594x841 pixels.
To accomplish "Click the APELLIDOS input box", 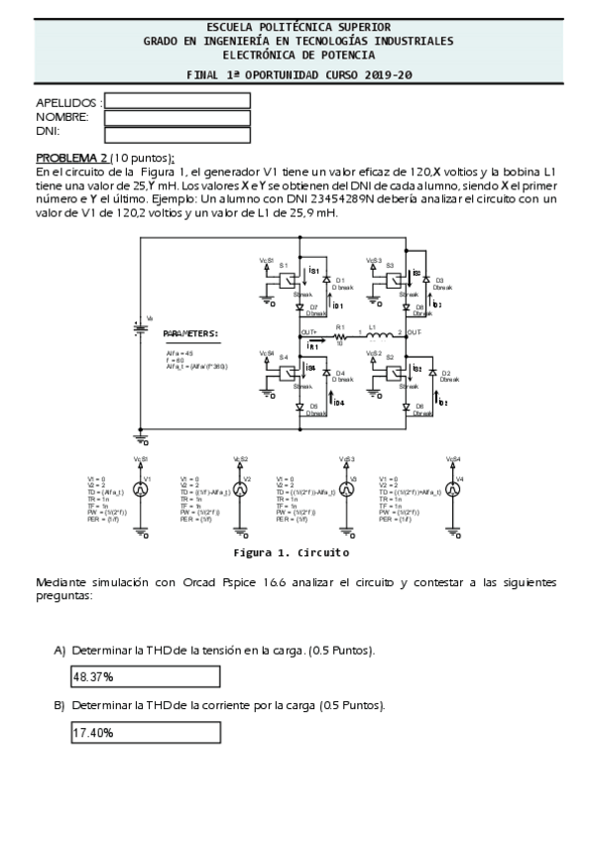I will [x=177, y=101].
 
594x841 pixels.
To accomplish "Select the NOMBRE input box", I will [x=177, y=118].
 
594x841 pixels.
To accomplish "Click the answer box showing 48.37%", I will [x=145, y=676].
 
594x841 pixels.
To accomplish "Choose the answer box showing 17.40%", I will [x=145, y=733].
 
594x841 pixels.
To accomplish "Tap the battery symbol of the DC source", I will [x=141, y=329].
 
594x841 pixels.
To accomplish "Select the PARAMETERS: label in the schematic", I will [x=190, y=334].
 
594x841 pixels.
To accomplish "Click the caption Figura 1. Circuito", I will [x=291, y=552].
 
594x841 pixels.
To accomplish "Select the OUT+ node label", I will [x=308, y=331].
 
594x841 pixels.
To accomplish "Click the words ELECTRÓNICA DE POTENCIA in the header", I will [x=297, y=55].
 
